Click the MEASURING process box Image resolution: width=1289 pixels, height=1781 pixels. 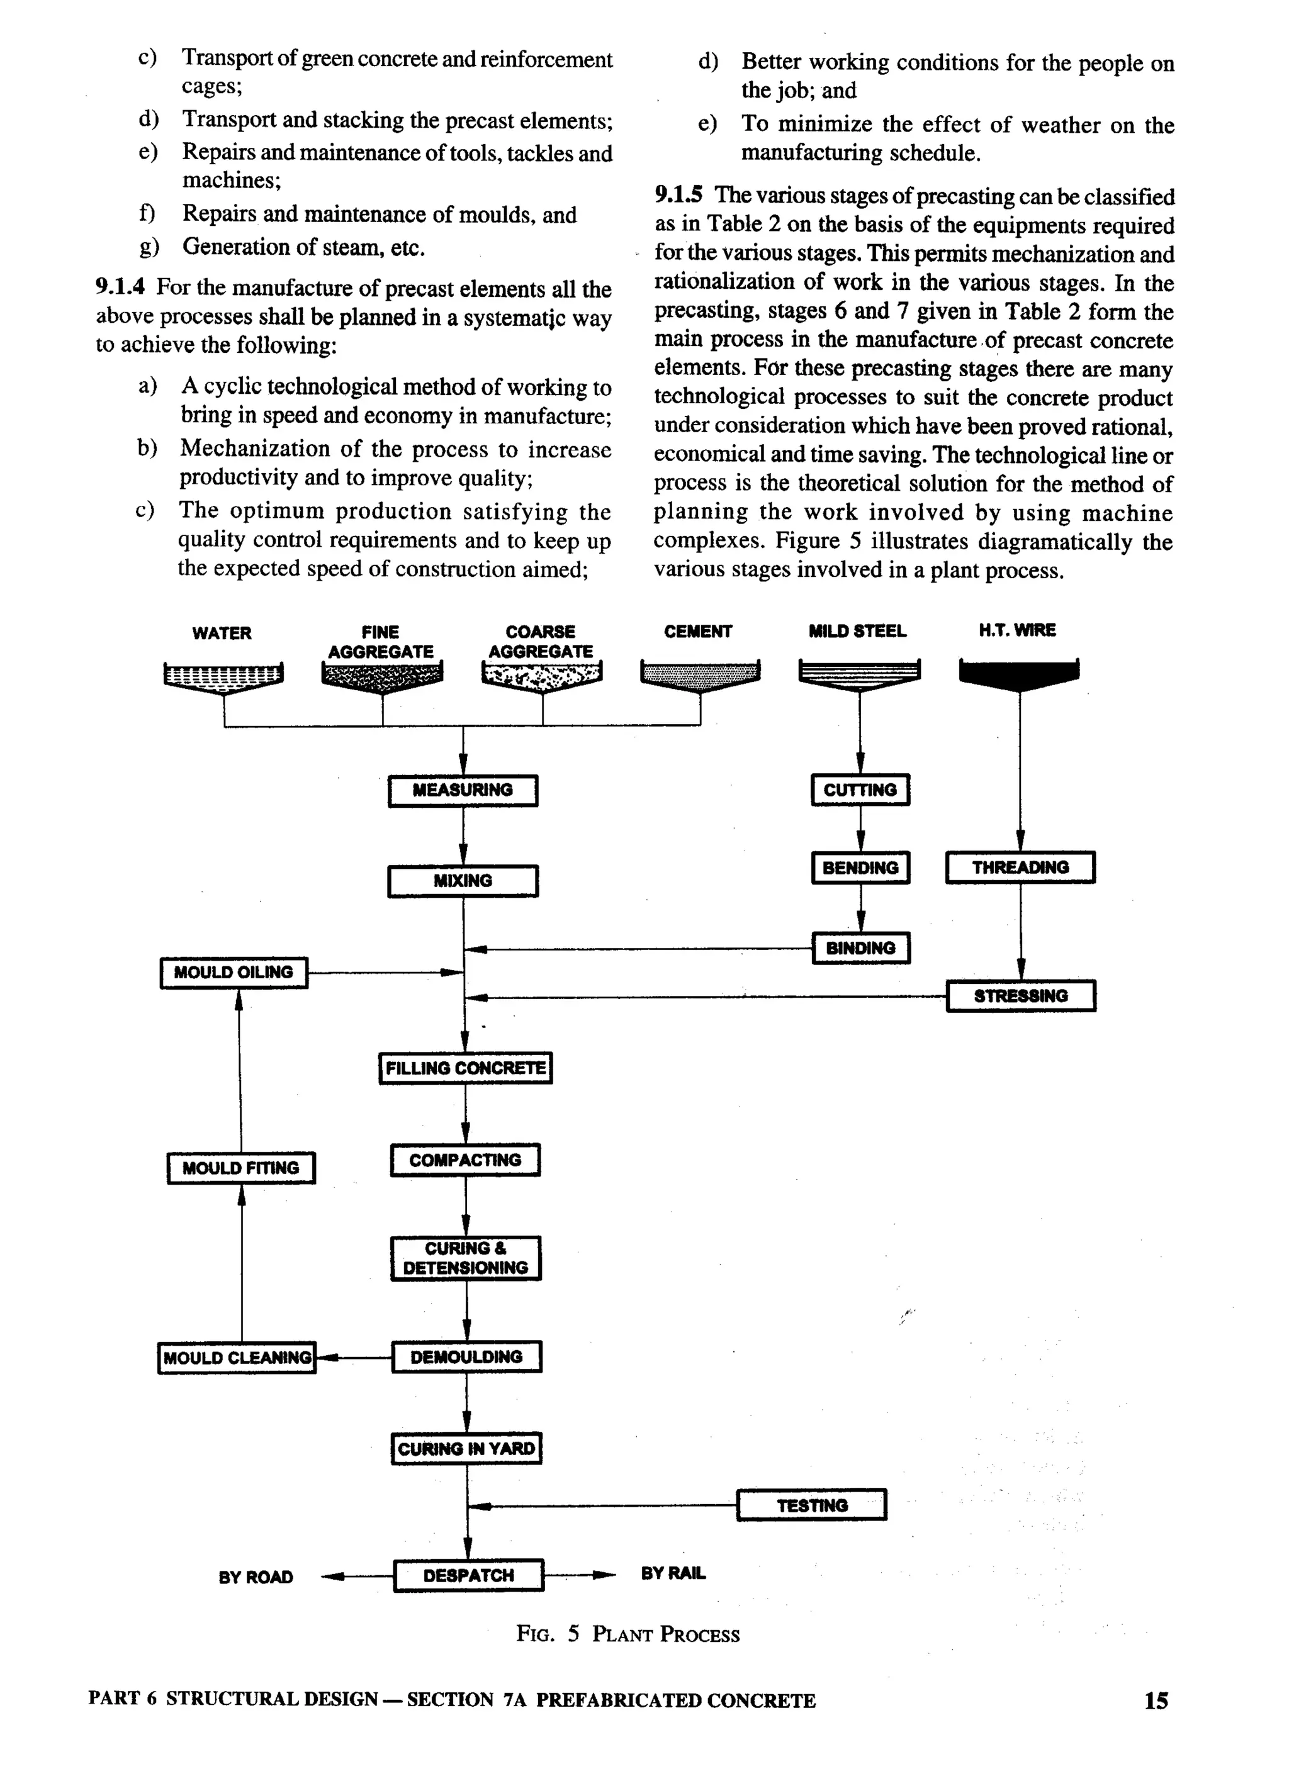pos(463,790)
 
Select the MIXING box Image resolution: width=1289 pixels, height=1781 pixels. pos(463,880)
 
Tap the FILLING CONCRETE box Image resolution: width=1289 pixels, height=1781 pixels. pos(465,1068)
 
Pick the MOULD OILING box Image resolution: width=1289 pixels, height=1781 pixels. pos(234,972)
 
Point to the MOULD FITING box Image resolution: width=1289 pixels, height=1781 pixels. pos(240,1168)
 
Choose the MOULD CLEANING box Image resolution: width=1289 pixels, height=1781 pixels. pos(237,1357)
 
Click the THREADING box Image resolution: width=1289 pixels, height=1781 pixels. pos(1020,867)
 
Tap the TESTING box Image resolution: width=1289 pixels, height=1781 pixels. pos(811,1505)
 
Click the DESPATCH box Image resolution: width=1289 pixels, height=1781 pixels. pos(468,1575)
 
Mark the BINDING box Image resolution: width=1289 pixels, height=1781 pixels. pos(860,948)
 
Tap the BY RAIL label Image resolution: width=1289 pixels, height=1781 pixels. pos(673,1573)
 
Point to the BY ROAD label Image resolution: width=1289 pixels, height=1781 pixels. pos(256,1577)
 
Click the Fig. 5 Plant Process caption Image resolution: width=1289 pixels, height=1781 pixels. pos(628,1634)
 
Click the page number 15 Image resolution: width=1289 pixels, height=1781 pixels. pos(1156,1701)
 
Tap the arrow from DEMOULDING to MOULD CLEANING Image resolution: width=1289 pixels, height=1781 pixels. pos(354,1357)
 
